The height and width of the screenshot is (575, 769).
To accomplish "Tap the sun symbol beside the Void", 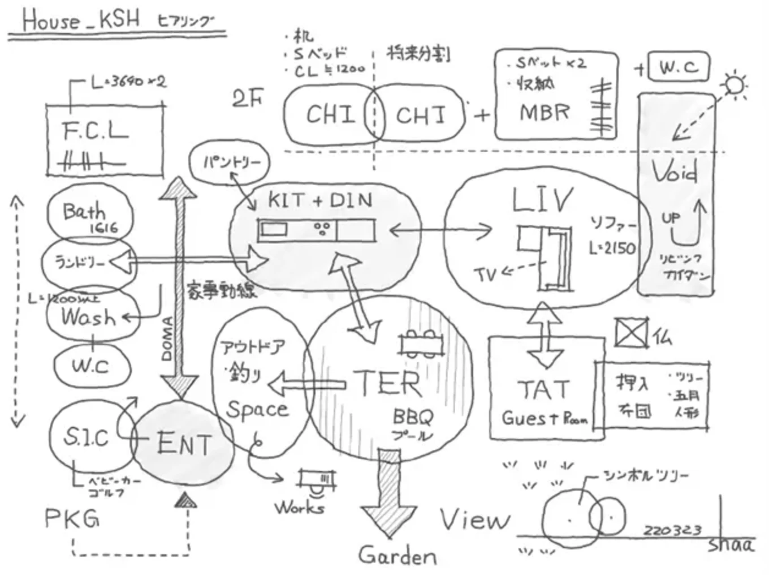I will (735, 85).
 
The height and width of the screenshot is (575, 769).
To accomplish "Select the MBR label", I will (544, 112).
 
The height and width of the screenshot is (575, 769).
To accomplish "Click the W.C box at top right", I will (679, 67).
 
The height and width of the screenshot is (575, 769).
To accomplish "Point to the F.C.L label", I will (95, 131).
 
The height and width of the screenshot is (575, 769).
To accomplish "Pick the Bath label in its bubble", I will (84, 212).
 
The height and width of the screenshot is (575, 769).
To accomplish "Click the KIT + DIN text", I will (320, 200).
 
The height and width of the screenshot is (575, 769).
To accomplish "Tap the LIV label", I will (542, 200).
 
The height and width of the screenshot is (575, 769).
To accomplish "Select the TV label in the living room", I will (485, 275).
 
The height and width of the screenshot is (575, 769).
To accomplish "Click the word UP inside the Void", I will (670, 218).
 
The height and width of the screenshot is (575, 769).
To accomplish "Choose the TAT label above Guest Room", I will (543, 390).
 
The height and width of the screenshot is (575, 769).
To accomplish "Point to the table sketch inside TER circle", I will (421, 342).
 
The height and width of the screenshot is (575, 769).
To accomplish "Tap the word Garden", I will (397, 556).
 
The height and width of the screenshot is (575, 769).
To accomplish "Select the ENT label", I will (184, 443).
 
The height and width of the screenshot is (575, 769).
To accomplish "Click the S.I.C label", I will (86, 437).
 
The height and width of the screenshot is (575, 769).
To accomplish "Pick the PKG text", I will (72, 518).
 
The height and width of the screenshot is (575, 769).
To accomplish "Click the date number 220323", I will (672, 530).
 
